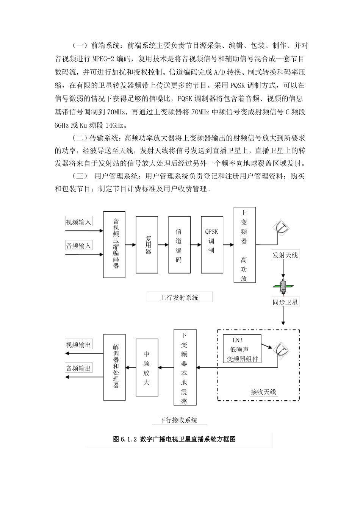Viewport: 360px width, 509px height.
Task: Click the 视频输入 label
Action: pyautogui.click(x=79, y=222)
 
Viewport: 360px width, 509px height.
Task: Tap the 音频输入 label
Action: pyautogui.click(x=79, y=246)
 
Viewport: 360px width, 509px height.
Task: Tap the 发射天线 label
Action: pyautogui.click(x=285, y=255)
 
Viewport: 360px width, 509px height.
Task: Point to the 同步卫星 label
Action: pyautogui.click(x=285, y=302)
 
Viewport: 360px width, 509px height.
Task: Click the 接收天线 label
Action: pyautogui.click(x=264, y=392)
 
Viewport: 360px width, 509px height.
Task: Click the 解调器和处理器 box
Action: pyautogui.click(x=116, y=367)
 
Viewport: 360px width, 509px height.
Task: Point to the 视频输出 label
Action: pyautogui.click(x=78, y=345)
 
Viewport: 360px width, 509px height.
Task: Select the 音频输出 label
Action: pyautogui.click(x=78, y=368)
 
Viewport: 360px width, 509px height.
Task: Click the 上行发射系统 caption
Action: pyautogui.click(x=179, y=298)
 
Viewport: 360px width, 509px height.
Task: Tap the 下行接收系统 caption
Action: pyautogui.click(x=178, y=420)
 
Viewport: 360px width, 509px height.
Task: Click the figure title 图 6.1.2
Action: pyautogui.click(x=174, y=439)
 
